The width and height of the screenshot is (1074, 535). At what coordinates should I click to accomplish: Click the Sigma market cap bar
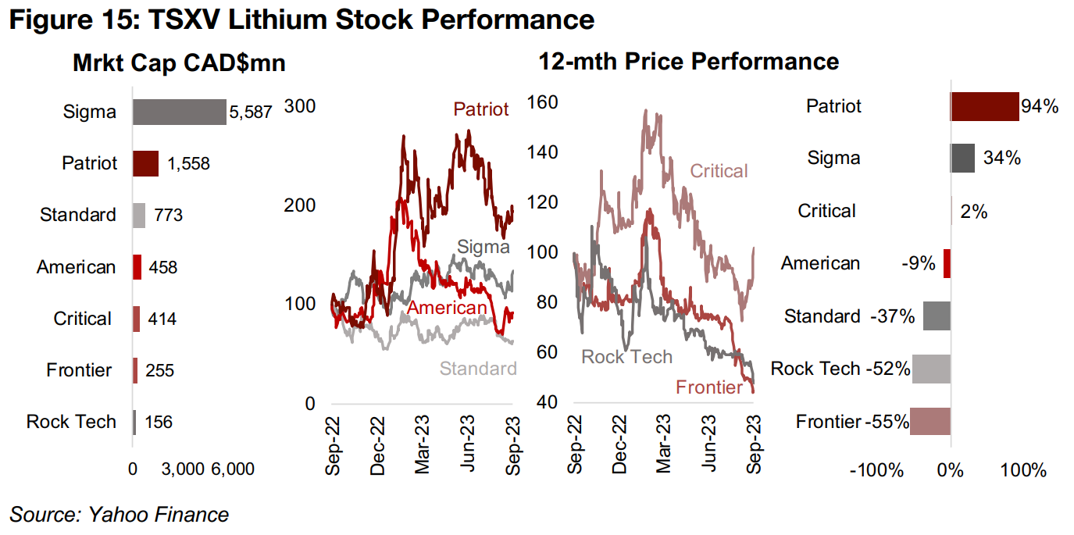(x=179, y=112)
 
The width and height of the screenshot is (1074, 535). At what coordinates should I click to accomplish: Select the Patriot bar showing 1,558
(x=145, y=163)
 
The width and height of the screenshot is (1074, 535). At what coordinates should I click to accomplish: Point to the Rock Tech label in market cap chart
(x=71, y=422)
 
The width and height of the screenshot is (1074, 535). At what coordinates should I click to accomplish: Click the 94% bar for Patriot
(x=985, y=106)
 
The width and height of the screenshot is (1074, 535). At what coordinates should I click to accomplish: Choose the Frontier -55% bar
(x=930, y=422)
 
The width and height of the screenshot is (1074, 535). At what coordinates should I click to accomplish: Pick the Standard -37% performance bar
(x=937, y=316)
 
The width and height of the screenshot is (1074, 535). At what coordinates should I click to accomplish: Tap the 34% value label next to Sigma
(x=1002, y=159)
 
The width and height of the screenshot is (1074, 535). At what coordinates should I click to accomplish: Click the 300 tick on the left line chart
(x=300, y=105)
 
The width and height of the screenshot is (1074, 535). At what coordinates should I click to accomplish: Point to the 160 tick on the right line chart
(x=544, y=102)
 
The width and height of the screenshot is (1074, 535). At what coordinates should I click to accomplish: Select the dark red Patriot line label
(x=481, y=109)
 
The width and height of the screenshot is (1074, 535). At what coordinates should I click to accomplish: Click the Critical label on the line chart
(x=719, y=170)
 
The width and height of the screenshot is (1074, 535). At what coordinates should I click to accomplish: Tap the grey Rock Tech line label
(x=626, y=357)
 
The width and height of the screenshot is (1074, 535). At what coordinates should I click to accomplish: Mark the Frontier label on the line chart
(x=708, y=387)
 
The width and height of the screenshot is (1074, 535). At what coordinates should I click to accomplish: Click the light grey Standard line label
(x=478, y=369)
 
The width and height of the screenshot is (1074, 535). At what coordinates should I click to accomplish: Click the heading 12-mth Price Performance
(x=688, y=62)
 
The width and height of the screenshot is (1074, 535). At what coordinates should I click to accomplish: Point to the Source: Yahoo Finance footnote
(x=119, y=515)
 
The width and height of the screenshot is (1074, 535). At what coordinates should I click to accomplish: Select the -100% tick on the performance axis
(x=882, y=470)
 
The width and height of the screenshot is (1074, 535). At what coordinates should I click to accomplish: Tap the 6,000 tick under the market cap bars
(x=232, y=469)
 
